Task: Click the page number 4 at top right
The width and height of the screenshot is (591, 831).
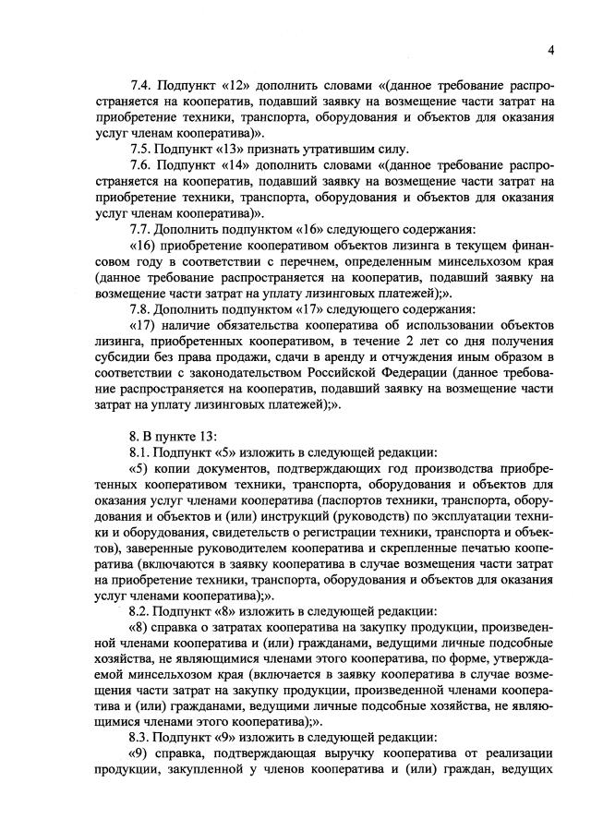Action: tap(549, 50)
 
